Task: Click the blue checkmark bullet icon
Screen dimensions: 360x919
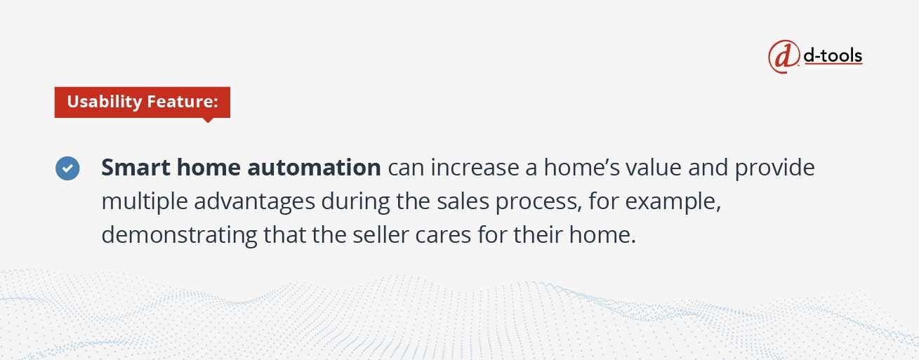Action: pos(67,168)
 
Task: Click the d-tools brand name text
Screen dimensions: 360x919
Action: pos(833,55)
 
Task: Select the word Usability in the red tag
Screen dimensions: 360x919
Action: pos(104,102)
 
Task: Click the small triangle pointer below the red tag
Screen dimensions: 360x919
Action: pos(208,120)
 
